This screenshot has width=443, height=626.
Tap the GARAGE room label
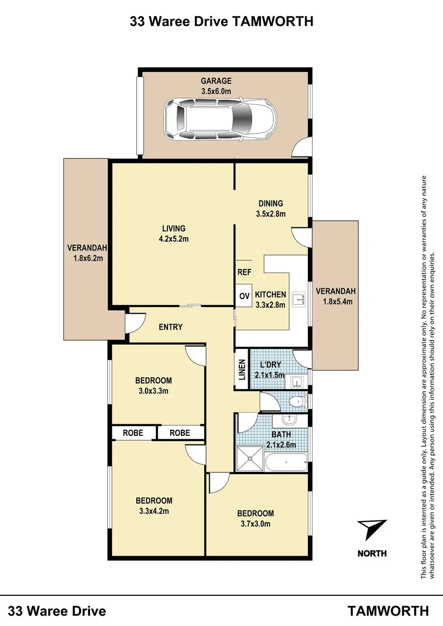pyautogui.click(x=216, y=81)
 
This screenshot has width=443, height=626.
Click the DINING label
pyautogui.click(x=271, y=203)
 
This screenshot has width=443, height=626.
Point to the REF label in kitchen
pyautogui.click(x=244, y=271)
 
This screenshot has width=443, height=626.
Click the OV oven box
pyautogui.click(x=244, y=296)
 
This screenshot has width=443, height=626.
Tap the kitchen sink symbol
pyautogui.click(x=299, y=299)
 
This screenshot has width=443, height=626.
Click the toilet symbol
pyautogui.click(x=299, y=401)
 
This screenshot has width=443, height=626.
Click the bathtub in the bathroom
pyautogui.click(x=286, y=463)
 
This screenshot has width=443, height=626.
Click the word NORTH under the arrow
pyautogui.click(x=372, y=553)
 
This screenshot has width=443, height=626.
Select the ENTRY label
pyautogui.click(x=170, y=327)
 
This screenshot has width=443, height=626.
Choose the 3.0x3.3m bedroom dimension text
pyautogui.click(x=153, y=391)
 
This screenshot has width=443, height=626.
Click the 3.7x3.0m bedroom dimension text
pyautogui.click(x=255, y=523)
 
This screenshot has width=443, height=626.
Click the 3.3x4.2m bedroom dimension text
pyautogui.click(x=154, y=511)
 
